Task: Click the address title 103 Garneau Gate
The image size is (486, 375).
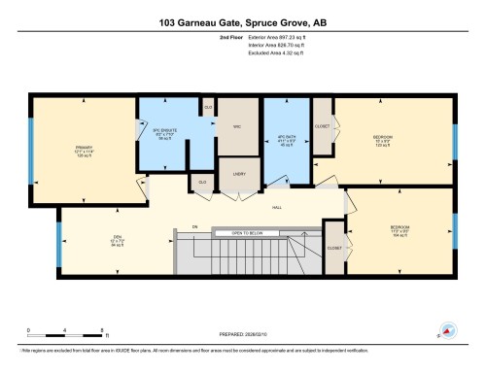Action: pyautogui.click(x=242, y=20)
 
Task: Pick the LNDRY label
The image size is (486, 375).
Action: pyautogui.click(x=238, y=173)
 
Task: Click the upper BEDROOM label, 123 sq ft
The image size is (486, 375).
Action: pyautogui.click(x=383, y=139)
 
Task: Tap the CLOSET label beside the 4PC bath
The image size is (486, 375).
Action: pyautogui.click(x=323, y=126)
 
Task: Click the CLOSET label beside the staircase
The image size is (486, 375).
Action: pyautogui.click(x=334, y=248)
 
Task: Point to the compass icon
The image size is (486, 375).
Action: pyautogui.click(x=449, y=328)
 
